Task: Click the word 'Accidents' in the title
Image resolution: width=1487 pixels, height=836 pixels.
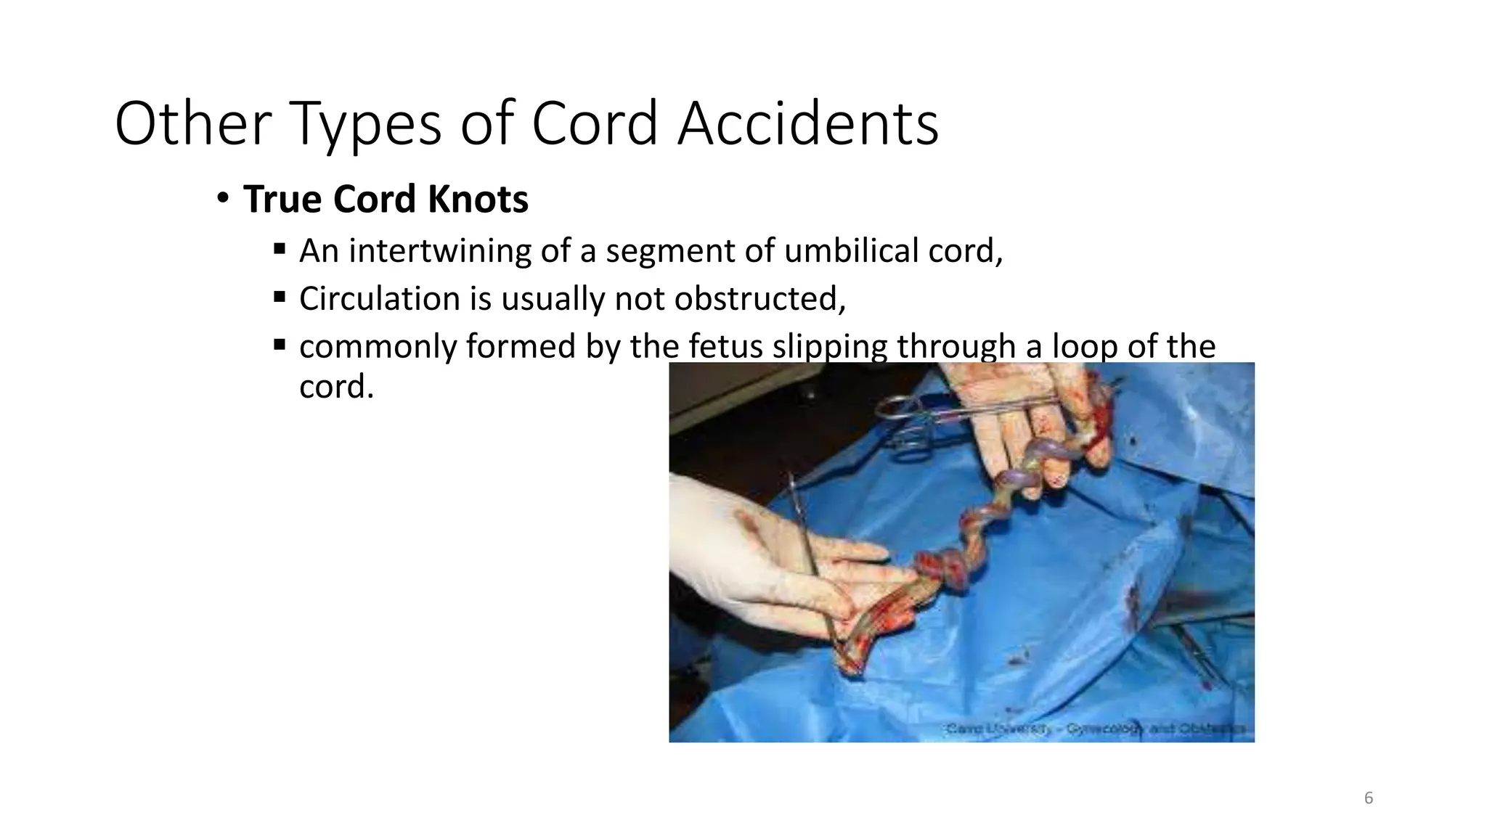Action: [x=808, y=123]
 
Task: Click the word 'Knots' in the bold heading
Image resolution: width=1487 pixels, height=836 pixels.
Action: [x=478, y=199]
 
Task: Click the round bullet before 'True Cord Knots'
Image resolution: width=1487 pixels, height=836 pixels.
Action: [x=222, y=197]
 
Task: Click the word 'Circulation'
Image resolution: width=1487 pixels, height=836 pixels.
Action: [x=379, y=299]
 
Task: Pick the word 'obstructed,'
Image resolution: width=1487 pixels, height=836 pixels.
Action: [x=759, y=299]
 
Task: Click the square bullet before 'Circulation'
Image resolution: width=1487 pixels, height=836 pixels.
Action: [x=280, y=297]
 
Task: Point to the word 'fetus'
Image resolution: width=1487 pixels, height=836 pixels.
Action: [x=725, y=346]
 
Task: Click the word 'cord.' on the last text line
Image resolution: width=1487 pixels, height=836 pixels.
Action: [x=336, y=386]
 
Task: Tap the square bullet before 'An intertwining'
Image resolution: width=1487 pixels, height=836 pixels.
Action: [x=280, y=249]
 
